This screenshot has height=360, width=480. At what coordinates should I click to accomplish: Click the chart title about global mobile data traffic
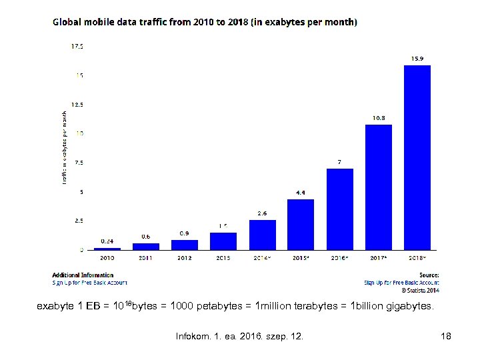pos(205,22)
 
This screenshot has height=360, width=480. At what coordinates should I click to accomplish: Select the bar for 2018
pos(417,157)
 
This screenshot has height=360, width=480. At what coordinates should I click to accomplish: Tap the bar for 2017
pos(378,187)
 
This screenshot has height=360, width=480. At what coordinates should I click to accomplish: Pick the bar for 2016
pos(339,209)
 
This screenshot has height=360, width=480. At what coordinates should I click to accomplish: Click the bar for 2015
pos(301,224)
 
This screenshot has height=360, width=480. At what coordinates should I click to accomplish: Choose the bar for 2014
pos(262,234)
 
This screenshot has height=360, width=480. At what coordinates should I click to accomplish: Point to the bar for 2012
pos(185,244)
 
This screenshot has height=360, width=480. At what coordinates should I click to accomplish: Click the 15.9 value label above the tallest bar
pos(417,59)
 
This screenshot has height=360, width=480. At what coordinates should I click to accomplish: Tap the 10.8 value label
pos(378,118)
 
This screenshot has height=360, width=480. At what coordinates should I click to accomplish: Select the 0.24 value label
pos(107,241)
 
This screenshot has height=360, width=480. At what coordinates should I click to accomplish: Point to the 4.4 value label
pos(301,193)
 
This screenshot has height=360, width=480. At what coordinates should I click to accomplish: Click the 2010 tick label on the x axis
pos(107,257)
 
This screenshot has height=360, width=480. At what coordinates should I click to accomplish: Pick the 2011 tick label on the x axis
pos(145,257)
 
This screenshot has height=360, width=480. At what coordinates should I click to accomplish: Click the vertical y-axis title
pos(65,148)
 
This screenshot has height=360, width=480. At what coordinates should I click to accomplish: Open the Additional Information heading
pos(83,275)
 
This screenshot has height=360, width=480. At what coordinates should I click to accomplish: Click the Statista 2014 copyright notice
pos(420,290)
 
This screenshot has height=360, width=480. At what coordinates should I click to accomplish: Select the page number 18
pos(446,336)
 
